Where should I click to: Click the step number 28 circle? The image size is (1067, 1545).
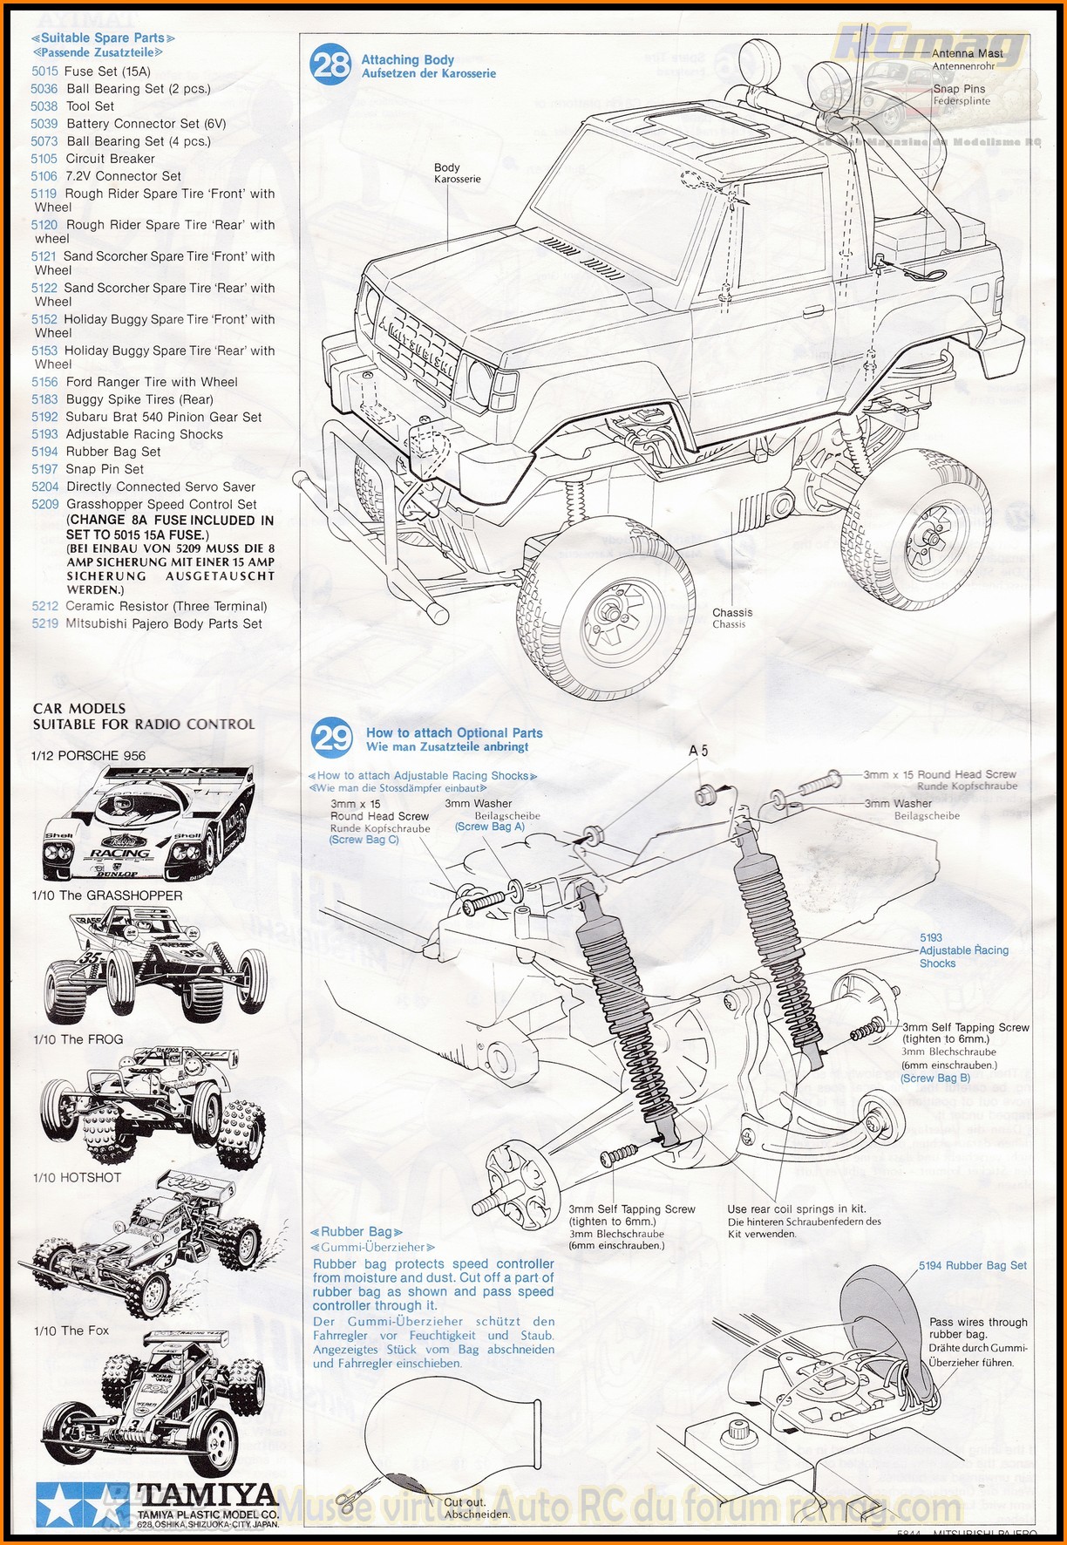click(x=331, y=65)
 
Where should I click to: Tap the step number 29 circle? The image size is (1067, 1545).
click(x=332, y=738)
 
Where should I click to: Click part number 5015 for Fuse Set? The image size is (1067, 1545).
click(x=44, y=71)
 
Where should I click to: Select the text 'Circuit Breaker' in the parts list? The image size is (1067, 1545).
click(x=111, y=159)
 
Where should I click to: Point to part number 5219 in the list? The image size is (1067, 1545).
click(x=45, y=623)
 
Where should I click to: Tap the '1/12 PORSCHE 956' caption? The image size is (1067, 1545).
click(x=89, y=756)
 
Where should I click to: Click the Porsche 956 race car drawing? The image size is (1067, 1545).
click(x=147, y=824)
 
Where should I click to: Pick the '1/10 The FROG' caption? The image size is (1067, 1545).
click(x=78, y=1039)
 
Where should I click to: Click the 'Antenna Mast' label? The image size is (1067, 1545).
click(x=968, y=53)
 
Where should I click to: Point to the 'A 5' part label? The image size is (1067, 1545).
click(x=698, y=751)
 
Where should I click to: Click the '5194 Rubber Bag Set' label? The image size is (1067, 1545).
click(x=973, y=1265)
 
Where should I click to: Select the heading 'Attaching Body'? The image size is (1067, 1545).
click(x=408, y=59)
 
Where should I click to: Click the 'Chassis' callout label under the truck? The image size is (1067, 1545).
click(x=732, y=612)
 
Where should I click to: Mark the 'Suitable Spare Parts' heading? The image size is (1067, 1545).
click(x=103, y=38)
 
